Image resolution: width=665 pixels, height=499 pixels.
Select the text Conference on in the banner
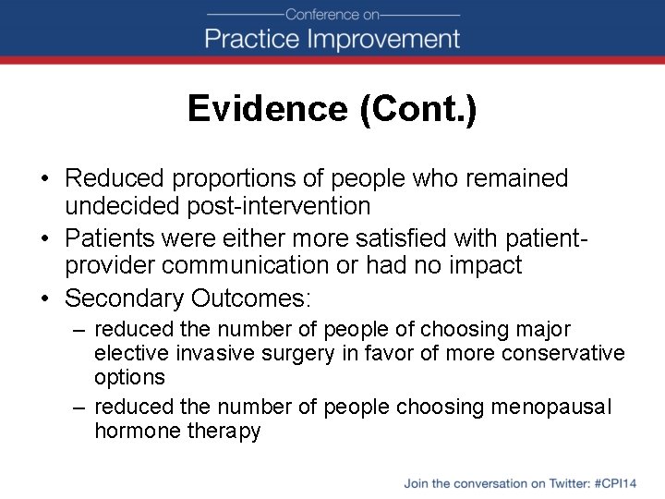pos(332,15)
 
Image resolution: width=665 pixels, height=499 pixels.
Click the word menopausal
pos(551,407)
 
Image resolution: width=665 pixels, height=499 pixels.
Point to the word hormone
pos(133,431)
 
